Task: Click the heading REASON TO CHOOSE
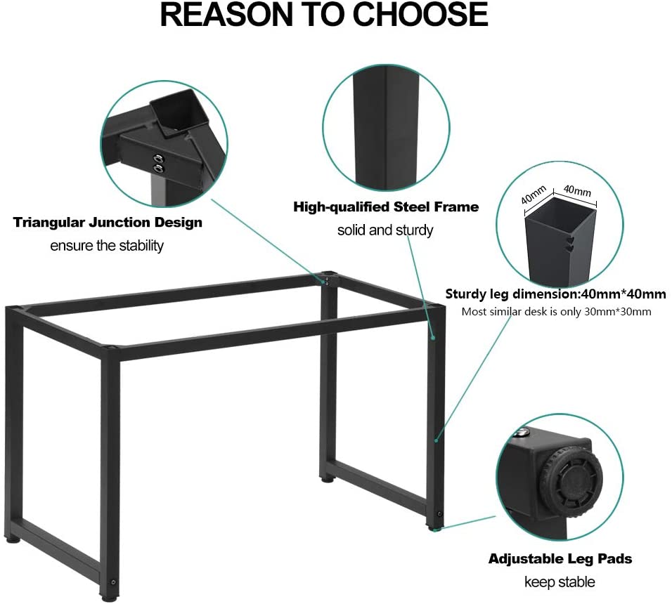coord(324,16)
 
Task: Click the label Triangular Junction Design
coord(108,223)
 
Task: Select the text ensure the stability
coord(107,246)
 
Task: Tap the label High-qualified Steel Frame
coord(385,206)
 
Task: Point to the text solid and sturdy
coord(385,230)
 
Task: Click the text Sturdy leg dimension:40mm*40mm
coord(555,294)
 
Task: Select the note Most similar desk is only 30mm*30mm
coord(555,311)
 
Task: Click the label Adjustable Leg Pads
coord(560,559)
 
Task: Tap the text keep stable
coord(560,582)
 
